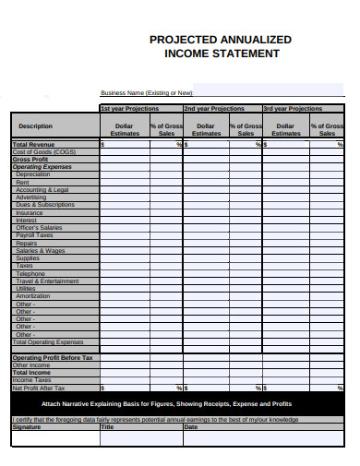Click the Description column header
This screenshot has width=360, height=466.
tap(35, 126)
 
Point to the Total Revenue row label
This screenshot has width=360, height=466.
tap(33, 145)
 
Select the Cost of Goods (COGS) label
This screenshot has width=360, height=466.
tap(43, 152)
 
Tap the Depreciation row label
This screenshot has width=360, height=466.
tap(33, 174)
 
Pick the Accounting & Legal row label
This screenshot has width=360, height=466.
tap(42, 190)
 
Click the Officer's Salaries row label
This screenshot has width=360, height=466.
tap(39, 228)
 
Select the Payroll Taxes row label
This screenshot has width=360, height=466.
tap(34, 235)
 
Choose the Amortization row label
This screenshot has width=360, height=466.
tap(33, 296)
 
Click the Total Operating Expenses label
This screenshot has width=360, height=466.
tap(47, 342)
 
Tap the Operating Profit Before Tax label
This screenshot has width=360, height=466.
tap(52, 358)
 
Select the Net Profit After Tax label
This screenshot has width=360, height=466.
tap(40, 388)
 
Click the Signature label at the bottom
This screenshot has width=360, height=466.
tap(26, 427)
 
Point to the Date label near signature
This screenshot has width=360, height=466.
tap(190, 427)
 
